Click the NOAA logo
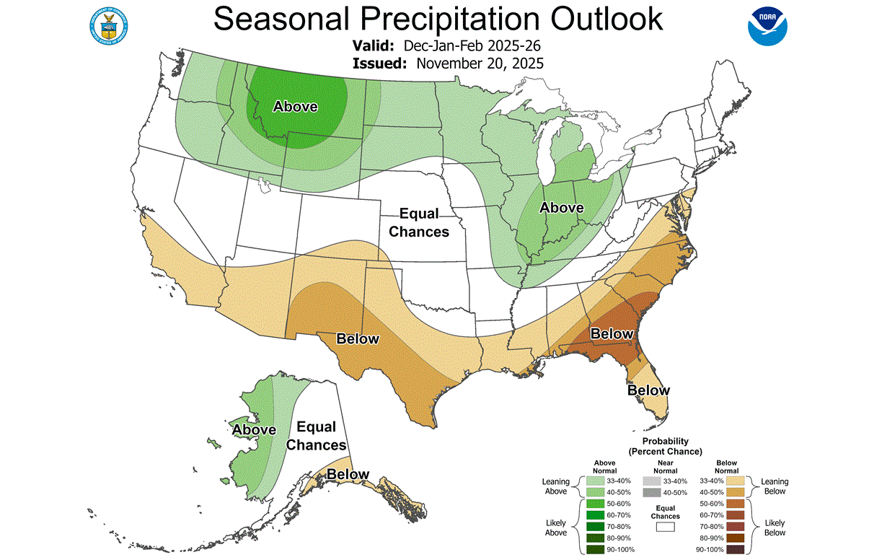(x=767, y=25)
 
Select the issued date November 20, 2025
(x=480, y=64)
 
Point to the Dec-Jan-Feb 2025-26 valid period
(x=472, y=46)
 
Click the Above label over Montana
(x=295, y=107)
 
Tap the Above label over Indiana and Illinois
(x=562, y=208)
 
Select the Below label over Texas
(x=358, y=338)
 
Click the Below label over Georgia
(x=612, y=333)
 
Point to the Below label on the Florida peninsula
(x=648, y=390)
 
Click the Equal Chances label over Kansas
(x=419, y=222)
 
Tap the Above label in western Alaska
(x=254, y=430)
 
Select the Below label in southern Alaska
(x=348, y=474)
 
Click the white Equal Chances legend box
(x=665, y=528)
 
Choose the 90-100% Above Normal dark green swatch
(x=595, y=550)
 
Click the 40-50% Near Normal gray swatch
(x=652, y=492)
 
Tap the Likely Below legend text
(x=775, y=528)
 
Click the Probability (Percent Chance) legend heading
(x=664, y=446)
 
